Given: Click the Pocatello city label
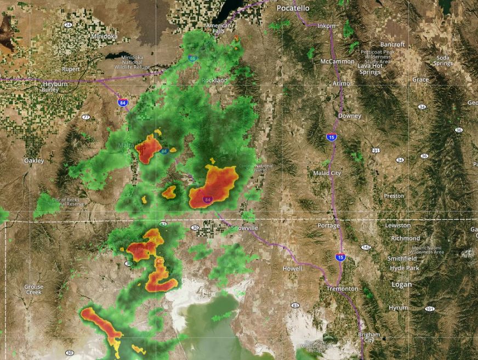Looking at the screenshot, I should [293, 8].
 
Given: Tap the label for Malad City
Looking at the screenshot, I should [327, 173].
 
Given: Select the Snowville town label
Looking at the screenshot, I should [244, 227].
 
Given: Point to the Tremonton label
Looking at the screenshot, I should [342, 289].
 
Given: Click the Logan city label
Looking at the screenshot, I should [401, 284].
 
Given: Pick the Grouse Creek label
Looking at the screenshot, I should [33, 289].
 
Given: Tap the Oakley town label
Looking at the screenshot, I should [33, 161].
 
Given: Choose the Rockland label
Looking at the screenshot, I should [215, 81].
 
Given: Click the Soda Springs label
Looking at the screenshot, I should [443, 60].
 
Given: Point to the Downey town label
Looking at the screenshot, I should [349, 116].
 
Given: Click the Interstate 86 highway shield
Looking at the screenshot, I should [192, 58].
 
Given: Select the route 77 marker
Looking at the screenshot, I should [86, 117].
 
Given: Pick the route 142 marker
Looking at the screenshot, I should [366, 248].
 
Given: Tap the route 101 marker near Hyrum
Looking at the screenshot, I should [429, 310].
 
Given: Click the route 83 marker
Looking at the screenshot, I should [295, 305].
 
